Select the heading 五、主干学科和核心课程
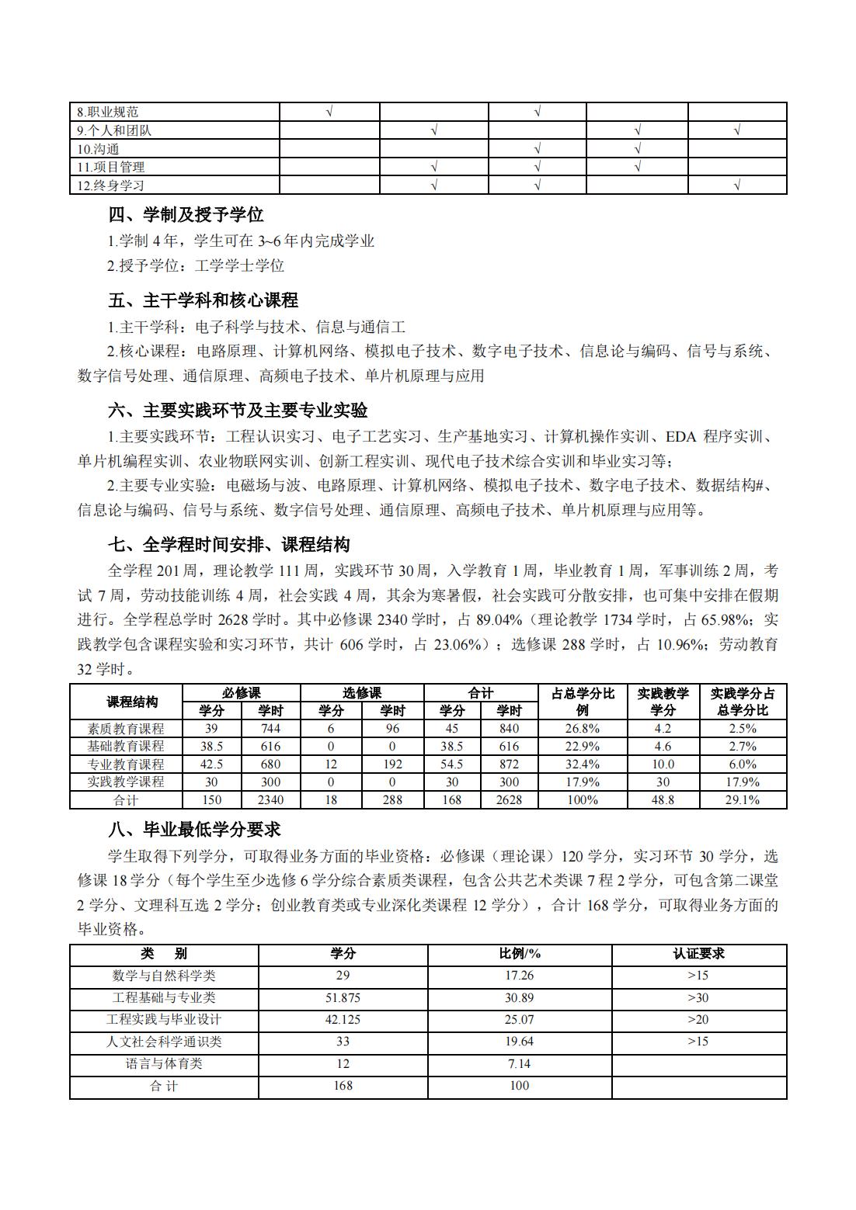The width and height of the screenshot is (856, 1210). click(203, 300)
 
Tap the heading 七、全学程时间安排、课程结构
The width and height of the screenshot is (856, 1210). click(229, 544)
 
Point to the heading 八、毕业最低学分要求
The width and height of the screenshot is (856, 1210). click(194, 830)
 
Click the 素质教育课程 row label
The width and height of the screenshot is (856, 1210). click(126, 728)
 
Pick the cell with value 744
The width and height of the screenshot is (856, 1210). click(270, 728)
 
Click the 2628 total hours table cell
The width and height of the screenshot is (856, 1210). click(509, 799)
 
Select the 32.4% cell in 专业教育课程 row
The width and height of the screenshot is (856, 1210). click(583, 764)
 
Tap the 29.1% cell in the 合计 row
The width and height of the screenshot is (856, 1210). click(742, 799)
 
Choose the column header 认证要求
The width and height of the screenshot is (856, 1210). click(698, 954)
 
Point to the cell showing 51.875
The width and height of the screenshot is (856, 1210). click(343, 998)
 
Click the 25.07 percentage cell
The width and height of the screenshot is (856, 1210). click(519, 1020)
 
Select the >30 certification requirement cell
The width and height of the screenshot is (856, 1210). click(698, 998)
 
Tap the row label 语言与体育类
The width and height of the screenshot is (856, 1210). click(164, 1064)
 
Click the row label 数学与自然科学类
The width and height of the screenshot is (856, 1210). click(164, 976)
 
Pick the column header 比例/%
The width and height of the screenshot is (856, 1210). click(519, 954)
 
